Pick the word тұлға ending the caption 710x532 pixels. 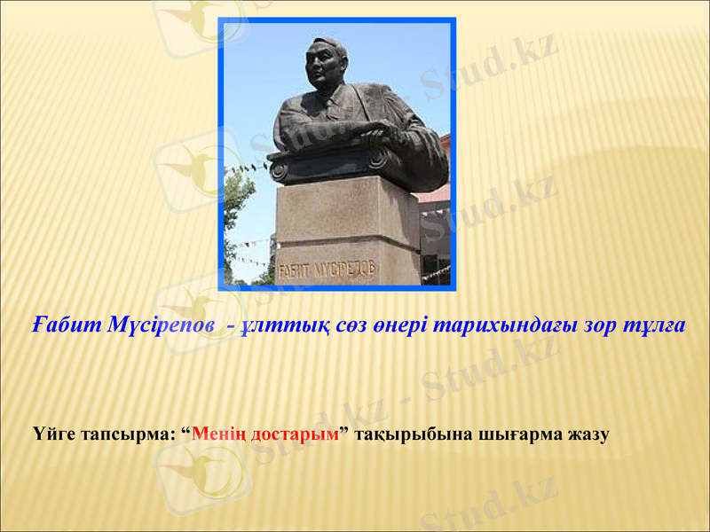(x=655, y=325)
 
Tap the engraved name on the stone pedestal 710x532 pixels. (x=327, y=269)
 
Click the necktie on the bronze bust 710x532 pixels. (x=331, y=108)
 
